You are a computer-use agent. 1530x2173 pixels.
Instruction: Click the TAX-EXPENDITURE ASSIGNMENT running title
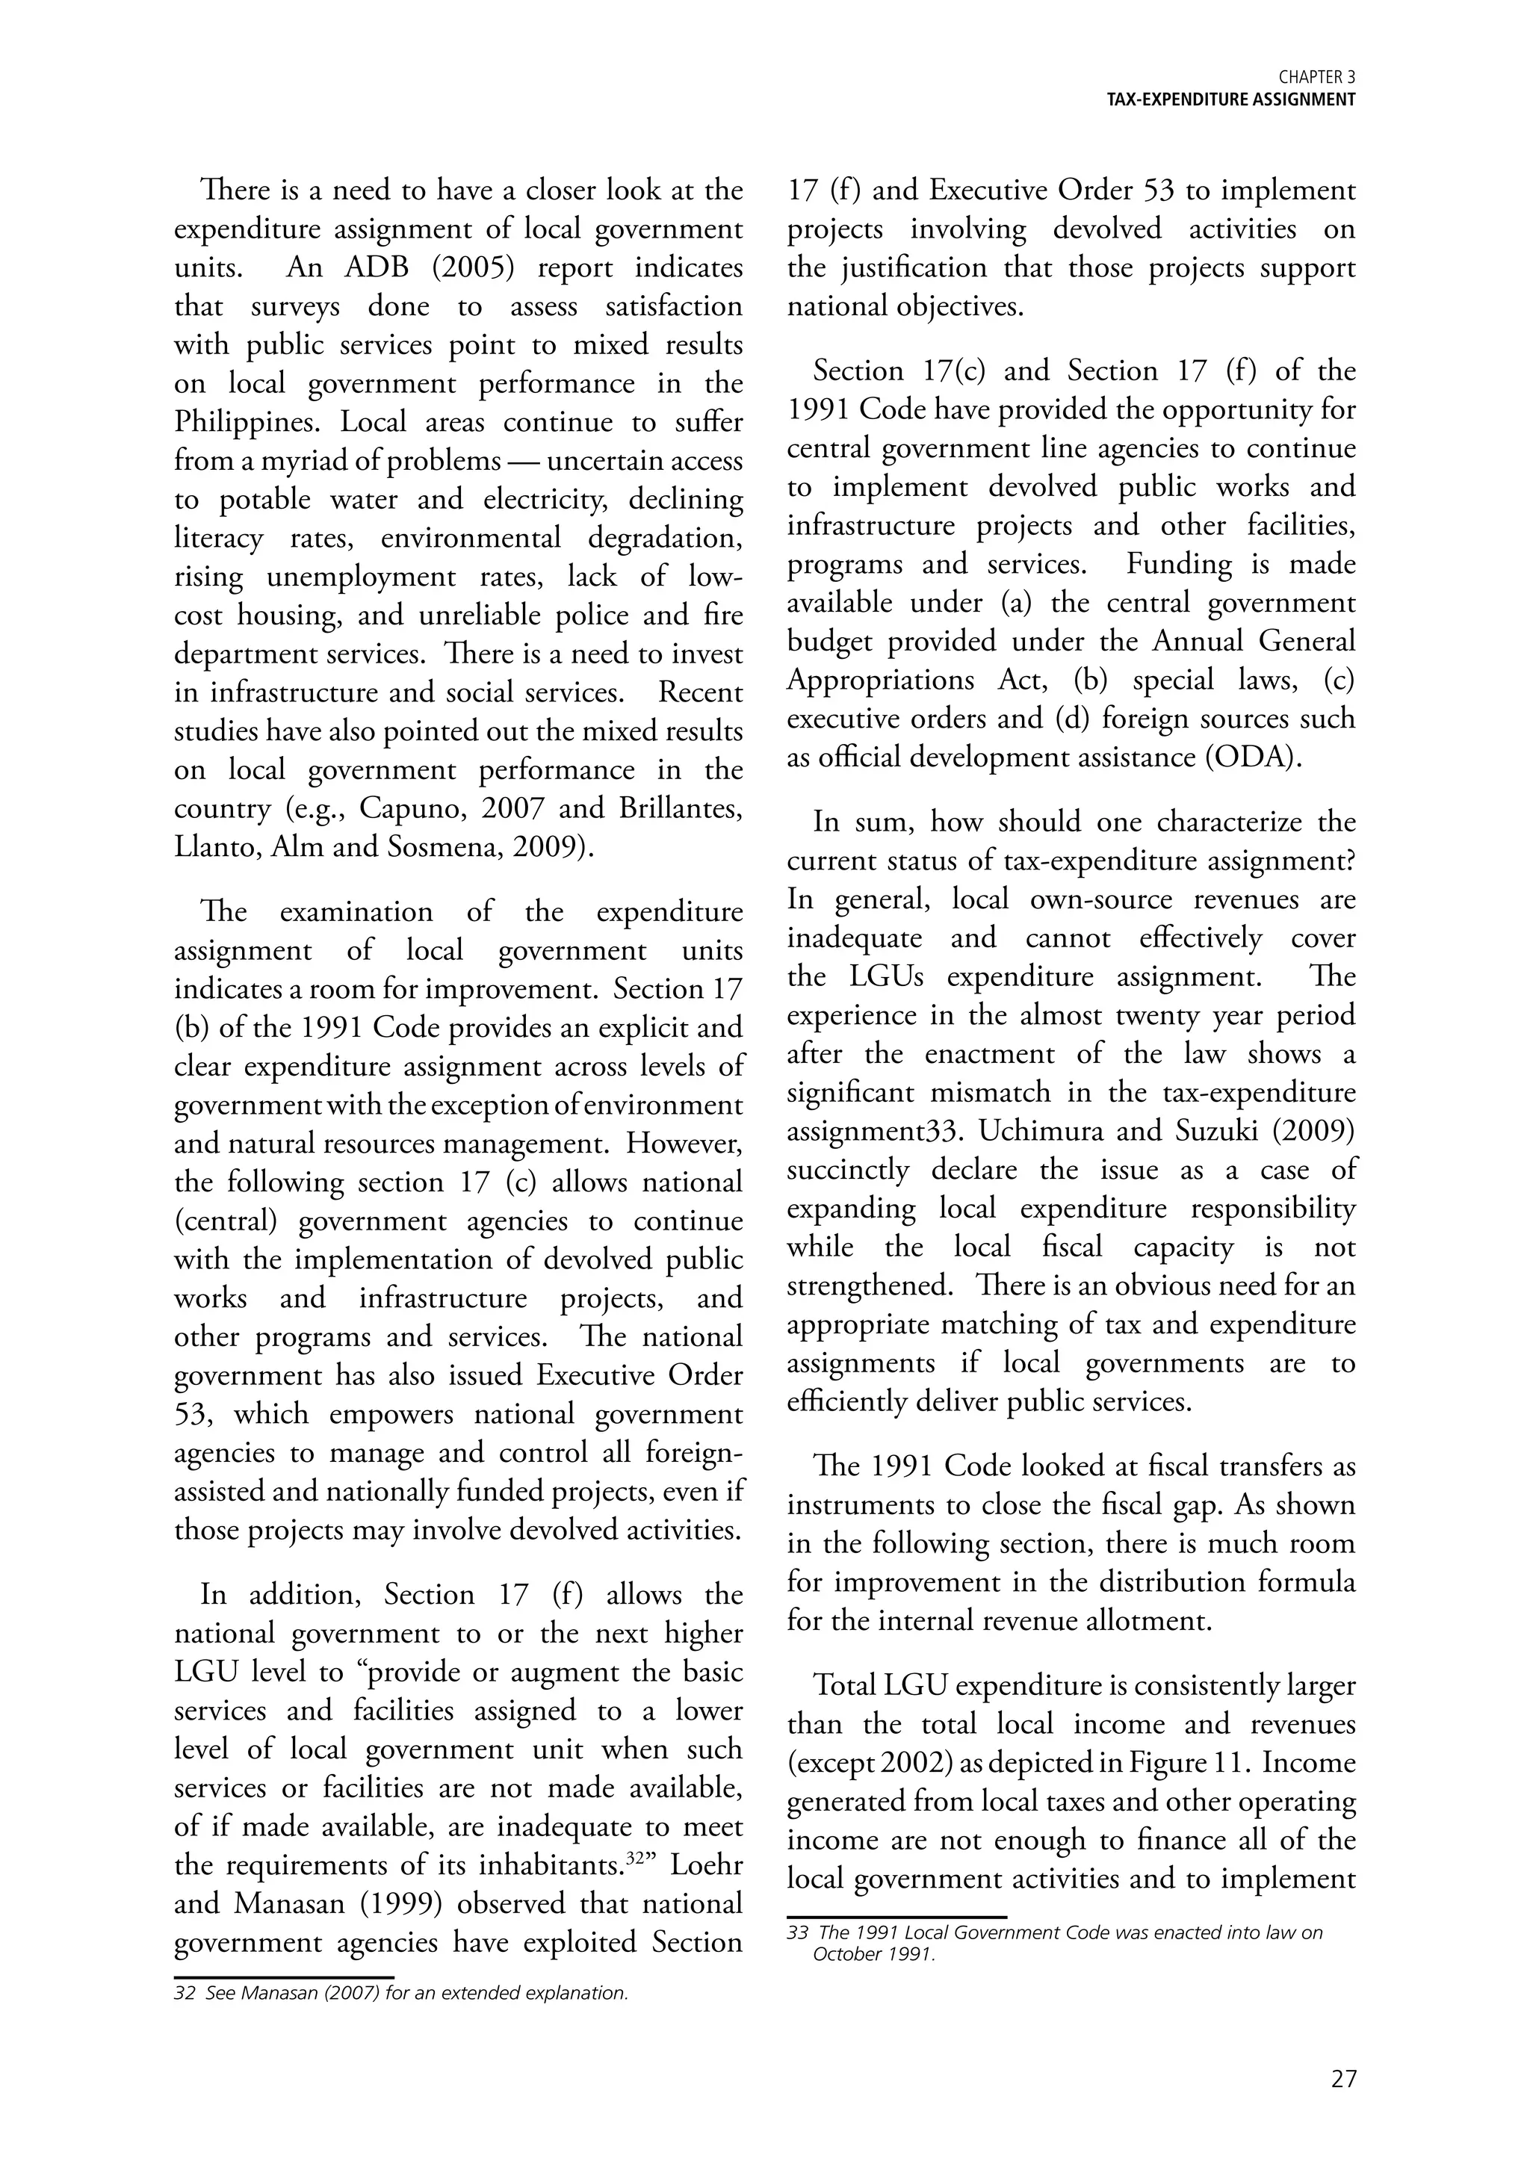(x=1231, y=100)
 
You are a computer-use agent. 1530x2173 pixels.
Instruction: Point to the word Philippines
(x=247, y=423)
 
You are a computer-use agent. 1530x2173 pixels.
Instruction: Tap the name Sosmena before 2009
(x=445, y=847)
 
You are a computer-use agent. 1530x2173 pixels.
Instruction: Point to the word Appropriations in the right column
(x=882, y=681)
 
